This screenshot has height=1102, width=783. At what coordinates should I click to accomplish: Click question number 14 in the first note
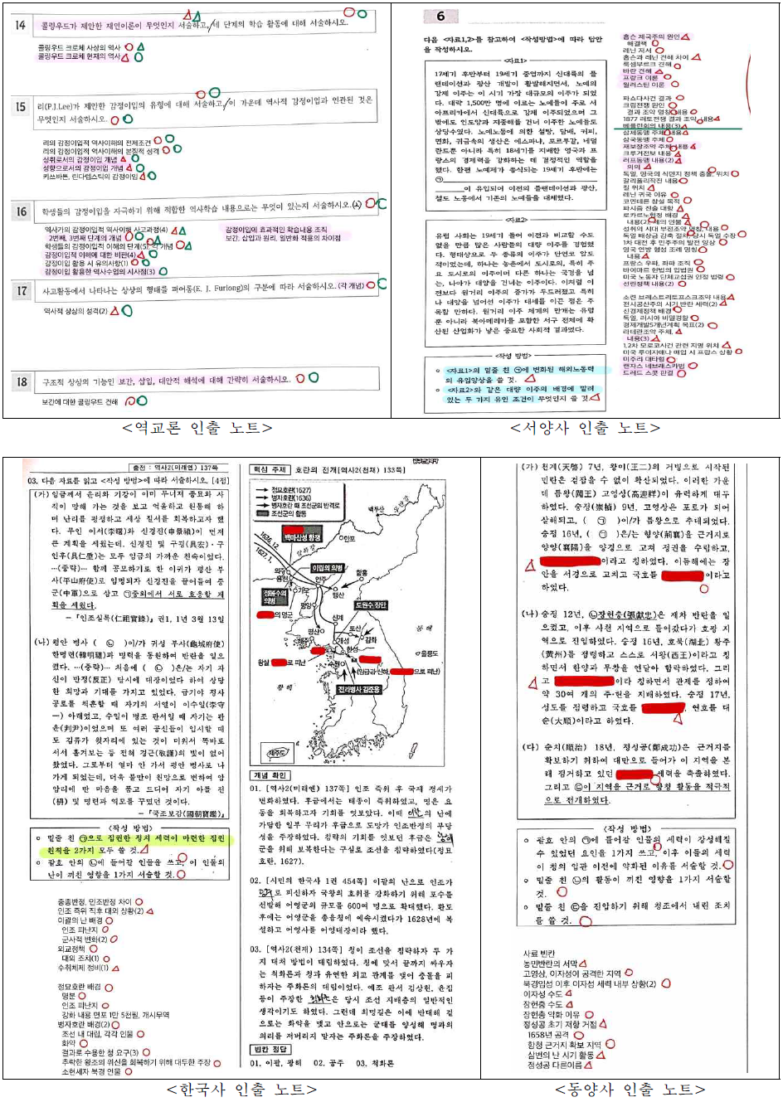[21, 26]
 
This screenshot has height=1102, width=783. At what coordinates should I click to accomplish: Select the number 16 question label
[22, 211]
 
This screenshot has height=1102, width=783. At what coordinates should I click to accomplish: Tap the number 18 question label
[22, 381]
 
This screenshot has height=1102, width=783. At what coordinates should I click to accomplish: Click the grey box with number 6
[440, 17]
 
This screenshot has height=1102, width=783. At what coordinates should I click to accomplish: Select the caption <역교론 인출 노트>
[197, 428]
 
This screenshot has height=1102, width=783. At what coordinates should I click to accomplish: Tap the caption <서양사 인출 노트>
[586, 428]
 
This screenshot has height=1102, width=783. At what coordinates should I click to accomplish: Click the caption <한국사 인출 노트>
[241, 1089]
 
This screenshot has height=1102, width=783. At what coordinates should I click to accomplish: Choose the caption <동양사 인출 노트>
[630, 1089]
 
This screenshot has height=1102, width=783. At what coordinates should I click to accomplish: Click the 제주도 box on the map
[277, 753]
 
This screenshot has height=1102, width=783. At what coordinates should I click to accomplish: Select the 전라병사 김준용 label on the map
[359, 689]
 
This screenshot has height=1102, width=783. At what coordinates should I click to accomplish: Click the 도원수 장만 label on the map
[370, 605]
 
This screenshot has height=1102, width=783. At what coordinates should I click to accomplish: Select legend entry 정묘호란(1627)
[290, 490]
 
